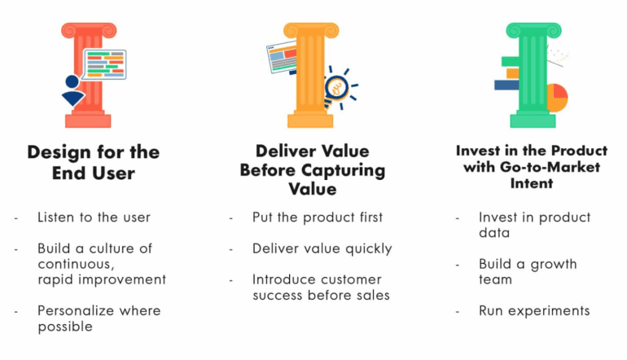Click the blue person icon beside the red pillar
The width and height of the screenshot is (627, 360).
[x=72, y=91]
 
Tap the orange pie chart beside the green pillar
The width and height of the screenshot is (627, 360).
[x=557, y=97]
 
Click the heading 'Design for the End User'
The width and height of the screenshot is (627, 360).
[x=94, y=162]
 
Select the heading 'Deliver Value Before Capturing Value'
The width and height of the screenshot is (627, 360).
[x=313, y=169]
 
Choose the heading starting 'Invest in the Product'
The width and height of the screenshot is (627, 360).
[x=532, y=167]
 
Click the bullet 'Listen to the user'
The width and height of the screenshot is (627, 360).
[x=94, y=217]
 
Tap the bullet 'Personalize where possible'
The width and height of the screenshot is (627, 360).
[x=99, y=318]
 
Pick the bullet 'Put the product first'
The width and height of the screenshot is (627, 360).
[x=318, y=217]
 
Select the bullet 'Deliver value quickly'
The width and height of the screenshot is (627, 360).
[x=322, y=248]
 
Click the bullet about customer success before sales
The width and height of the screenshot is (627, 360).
[x=321, y=287]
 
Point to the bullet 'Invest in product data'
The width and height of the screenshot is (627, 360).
[x=534, y=225]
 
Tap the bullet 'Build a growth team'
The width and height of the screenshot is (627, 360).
[x=528, y=271]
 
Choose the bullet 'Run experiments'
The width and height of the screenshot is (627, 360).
[x=534, y=310]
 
